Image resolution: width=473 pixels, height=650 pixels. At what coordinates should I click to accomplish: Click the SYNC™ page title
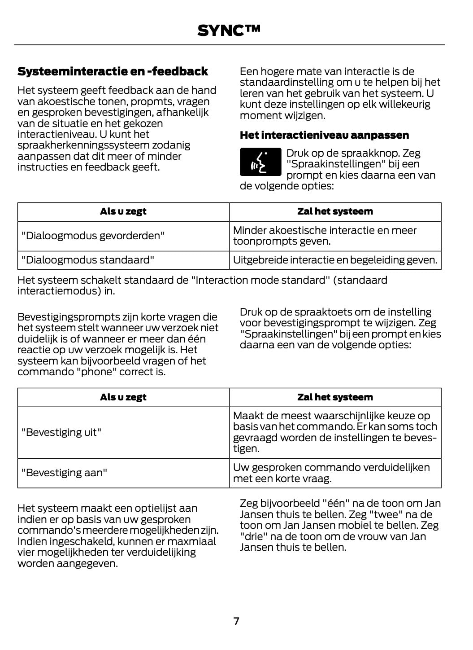coord(229,30)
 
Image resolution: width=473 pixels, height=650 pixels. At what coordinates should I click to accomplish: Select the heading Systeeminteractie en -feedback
coord(113,71)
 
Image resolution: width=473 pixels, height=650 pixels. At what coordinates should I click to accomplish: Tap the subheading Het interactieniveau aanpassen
coord(324,135)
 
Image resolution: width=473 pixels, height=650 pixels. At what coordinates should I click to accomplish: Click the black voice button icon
coord(260,162)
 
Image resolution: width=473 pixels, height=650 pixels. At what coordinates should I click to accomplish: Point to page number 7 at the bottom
coord(236,621)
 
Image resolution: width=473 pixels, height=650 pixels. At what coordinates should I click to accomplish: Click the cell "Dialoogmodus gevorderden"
coord(93,236)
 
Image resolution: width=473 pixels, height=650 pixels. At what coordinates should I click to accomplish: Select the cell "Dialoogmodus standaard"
coord(88,260)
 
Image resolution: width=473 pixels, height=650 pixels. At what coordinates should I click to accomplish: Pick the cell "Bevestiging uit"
coord(61,432)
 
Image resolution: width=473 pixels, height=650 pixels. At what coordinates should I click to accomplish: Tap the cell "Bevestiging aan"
coord(64,473)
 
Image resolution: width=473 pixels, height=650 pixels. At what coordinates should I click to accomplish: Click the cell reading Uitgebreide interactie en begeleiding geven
coord(335,260)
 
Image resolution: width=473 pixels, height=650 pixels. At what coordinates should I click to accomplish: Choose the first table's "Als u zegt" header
coord(123,211)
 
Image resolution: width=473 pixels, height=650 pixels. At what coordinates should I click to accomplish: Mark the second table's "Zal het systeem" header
coord(335,397)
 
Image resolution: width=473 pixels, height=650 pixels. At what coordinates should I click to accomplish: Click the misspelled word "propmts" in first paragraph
coord(150,101)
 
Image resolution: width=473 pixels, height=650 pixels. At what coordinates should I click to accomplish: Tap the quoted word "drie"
coord(252,536)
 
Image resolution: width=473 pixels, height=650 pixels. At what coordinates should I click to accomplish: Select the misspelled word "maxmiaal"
coord(195,541)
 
